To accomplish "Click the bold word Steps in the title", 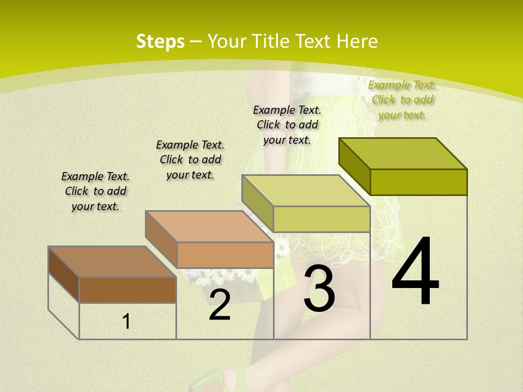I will pos(160,41).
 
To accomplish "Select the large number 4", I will pos(415,272).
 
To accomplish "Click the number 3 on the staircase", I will pos(319,289).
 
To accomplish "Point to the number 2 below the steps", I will pos(220,305).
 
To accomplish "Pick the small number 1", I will pos(126,322).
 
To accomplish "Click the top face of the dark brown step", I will pos(112,262).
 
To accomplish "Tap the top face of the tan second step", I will pos(209,226).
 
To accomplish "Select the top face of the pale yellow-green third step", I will pos(306,191).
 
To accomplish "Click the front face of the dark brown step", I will pos(127,290).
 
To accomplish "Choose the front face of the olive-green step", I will pos(418,182).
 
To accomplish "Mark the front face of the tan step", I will pos(225,255).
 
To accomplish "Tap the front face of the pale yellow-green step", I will pos(321,219).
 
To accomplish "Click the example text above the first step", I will pos(95,191).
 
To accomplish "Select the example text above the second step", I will pos(190,160).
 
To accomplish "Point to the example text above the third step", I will pos(287,125).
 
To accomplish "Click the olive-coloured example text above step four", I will pos(402,100).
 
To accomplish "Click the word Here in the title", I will pos(357,41).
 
